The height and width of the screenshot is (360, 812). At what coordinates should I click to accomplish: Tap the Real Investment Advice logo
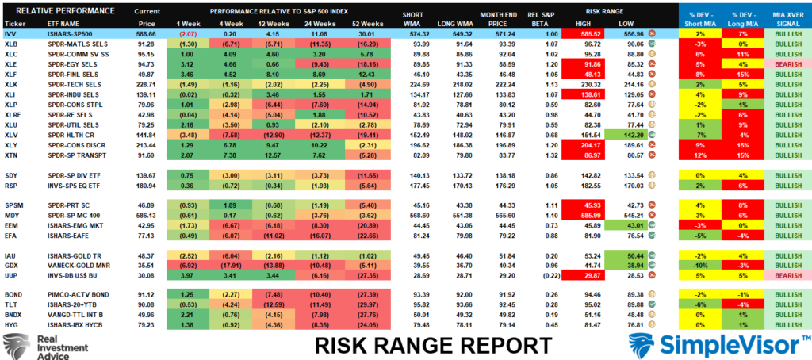coord(36,346)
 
